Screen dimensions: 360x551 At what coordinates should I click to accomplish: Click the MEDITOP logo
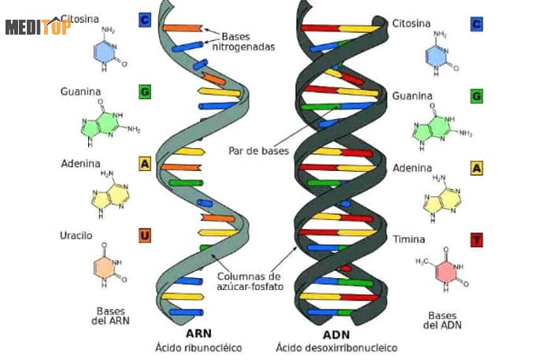[38, 27]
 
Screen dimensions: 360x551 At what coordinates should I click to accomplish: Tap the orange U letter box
[145, 235]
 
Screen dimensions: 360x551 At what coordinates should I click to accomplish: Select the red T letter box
[477, 239]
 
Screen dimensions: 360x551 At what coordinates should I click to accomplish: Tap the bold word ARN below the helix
[198, 332]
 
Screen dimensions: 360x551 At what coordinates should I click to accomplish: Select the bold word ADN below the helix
[336, 332]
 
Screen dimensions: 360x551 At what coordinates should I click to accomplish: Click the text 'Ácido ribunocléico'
[198, 347]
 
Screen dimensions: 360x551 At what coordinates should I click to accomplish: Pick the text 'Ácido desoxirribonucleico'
[337, 347]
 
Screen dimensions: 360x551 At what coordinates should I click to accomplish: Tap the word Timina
[409, 239]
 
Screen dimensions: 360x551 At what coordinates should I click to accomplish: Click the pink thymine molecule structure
[446, 268]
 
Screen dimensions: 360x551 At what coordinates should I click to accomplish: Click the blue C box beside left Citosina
[145, 20]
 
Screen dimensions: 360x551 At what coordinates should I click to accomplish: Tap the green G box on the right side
[477, 96]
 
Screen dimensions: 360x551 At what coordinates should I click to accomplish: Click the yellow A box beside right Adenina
[477, 168]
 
